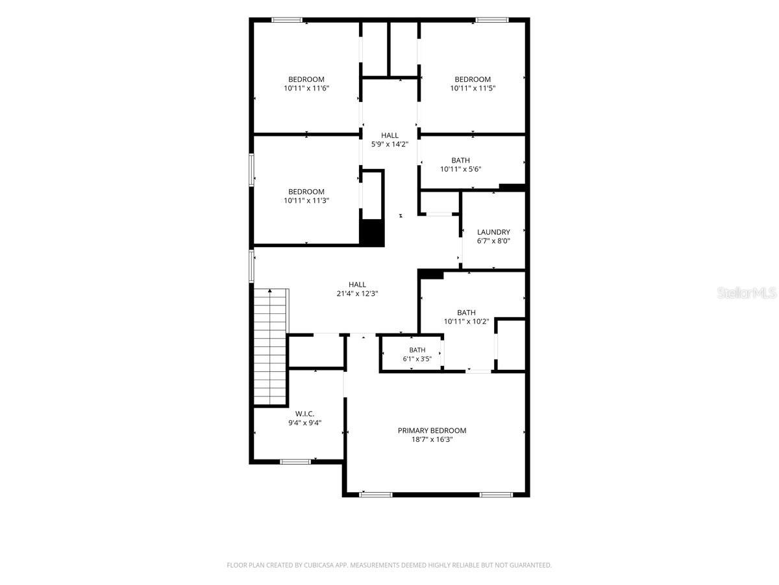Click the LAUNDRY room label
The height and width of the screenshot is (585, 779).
click(x=493, y=232)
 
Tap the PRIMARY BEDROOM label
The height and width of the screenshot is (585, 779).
click(x=432, y=430)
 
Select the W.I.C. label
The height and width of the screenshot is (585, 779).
click(x=304, y=414)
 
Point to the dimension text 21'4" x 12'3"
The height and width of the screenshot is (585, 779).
click(x=357, y=293)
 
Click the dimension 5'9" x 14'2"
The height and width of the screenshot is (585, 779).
click(x=389, y=144)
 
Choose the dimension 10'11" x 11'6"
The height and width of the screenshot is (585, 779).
click(x=306, y=88)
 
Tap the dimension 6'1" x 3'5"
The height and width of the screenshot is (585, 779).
click(x=417, y=359)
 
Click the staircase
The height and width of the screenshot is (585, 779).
click(x=270, y=346)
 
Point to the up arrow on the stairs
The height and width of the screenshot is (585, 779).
click(x=269, y=291)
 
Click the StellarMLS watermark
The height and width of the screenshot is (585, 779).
click(x=747, y=292)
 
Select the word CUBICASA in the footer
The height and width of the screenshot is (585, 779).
click(x=319, y=565)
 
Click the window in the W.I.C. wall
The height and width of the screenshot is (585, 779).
click(x=295, y=461)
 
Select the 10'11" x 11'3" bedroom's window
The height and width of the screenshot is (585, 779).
click(x=252, y=170)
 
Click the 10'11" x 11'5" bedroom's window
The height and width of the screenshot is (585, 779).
click(x=491, y=20)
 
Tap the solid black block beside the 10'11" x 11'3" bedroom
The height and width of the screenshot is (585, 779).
click(x=372, y=232)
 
